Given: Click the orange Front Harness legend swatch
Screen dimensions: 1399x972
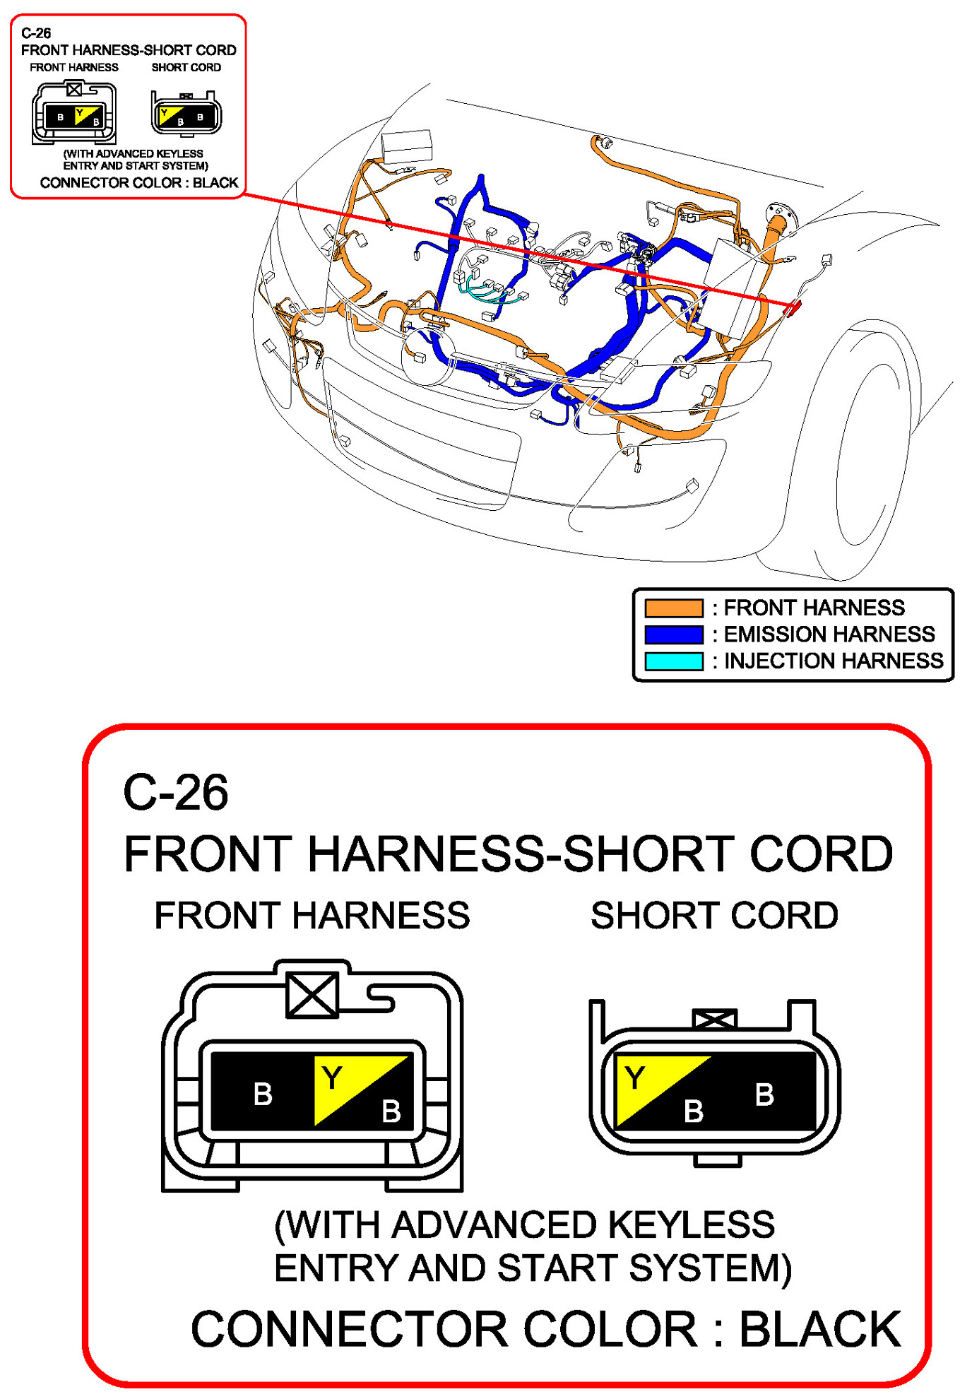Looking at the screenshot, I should (673, 608).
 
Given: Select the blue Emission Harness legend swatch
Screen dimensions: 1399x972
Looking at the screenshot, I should (673, 634).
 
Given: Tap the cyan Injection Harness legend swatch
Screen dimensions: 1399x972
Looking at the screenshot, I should (673, 661).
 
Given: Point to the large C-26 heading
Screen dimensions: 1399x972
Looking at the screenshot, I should (175, 792).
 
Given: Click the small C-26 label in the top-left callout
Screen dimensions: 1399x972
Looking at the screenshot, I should (36, 33).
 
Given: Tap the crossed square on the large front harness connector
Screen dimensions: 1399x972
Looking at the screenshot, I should (312, 995).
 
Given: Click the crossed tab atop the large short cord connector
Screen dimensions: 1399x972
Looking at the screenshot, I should (714, 1019).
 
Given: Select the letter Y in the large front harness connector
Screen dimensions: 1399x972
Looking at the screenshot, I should (332, 1078).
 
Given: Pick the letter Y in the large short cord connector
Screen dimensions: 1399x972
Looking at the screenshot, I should (635, 1078).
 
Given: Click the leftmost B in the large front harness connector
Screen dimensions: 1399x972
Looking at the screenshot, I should (263, 1094).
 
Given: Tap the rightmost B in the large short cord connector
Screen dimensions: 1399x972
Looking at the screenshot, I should (764, 1094).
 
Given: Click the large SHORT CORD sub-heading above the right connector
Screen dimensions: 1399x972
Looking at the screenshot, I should (714, 916).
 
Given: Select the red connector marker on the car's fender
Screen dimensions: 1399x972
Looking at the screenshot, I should (793, 307).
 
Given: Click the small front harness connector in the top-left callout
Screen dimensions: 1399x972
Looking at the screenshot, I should (74, 113).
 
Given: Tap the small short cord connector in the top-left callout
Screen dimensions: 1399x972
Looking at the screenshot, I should (186, 113).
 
